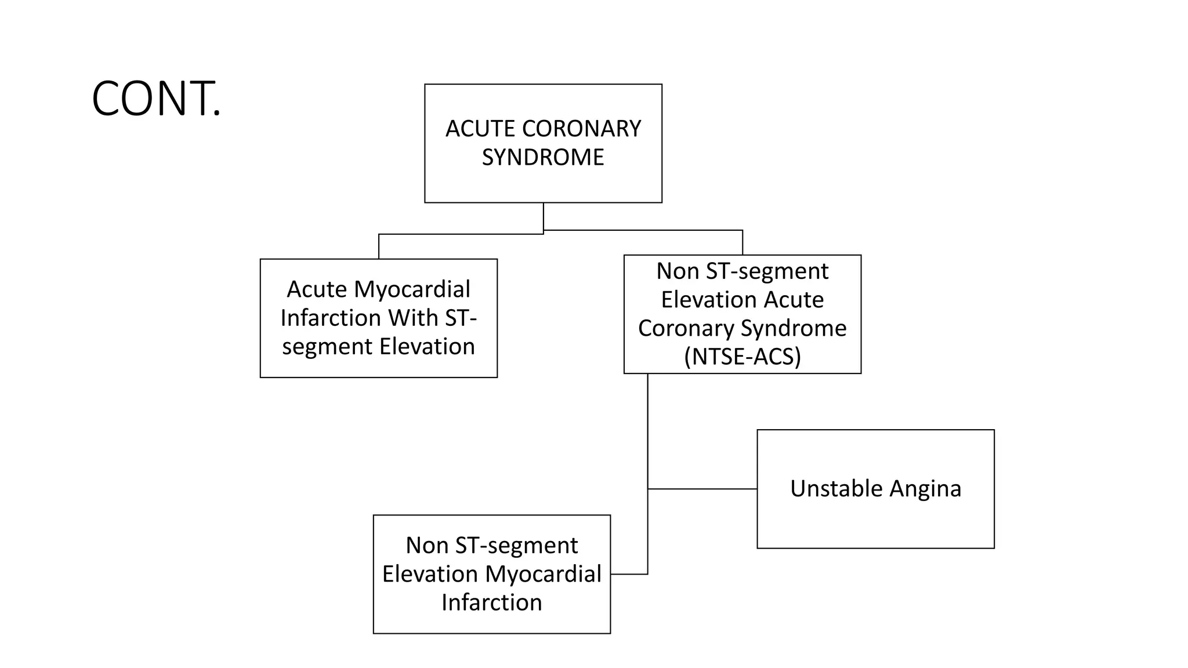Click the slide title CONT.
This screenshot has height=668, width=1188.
156,99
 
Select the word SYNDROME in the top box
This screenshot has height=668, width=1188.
543,158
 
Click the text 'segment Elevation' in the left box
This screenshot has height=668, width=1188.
378,347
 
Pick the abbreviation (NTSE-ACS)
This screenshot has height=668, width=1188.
742,357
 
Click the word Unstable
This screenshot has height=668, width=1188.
836,489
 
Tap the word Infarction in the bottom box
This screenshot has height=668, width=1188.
491,602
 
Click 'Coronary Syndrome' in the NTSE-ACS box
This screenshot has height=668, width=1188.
742,328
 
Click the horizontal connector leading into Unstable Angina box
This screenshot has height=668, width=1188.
702,489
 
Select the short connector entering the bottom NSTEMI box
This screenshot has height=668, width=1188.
629,574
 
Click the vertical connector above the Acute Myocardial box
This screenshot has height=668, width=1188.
379,246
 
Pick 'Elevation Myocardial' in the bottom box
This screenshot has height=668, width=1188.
491,574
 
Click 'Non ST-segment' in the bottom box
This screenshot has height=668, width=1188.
491,546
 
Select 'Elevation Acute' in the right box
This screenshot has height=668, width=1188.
742,300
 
